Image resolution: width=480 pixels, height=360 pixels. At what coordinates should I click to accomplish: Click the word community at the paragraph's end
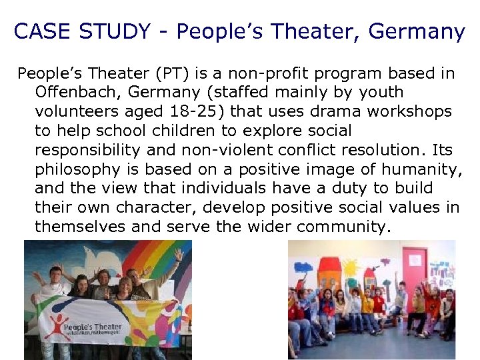click(341, 227)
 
